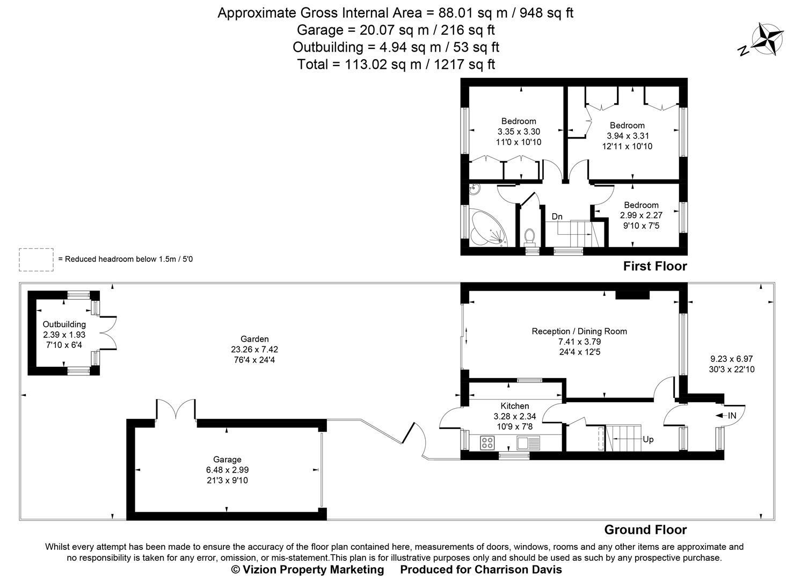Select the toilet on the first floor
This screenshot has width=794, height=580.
(x=530, y=236)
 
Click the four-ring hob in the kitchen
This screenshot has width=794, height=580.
(x=487, y=443)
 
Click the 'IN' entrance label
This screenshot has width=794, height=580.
(x=732, y=415)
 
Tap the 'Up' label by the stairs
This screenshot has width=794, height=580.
(x=648, y=439)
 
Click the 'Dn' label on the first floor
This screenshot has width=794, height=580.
(x=557, y=216)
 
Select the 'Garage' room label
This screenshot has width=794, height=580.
(x=227, y=460)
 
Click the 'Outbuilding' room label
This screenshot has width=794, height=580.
(x=64, y=324)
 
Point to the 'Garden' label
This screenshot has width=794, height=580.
(x=254, y=339)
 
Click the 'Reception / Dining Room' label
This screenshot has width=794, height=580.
(x=579, y=331)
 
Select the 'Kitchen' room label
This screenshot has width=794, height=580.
(x=515, y=406)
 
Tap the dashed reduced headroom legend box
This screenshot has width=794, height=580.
(x=36, y=259)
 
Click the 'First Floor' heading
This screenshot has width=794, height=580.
(x=654, y=266)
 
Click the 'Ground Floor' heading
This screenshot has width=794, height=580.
(x=645, y=530)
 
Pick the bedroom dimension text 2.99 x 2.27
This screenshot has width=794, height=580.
(x=641, y=215)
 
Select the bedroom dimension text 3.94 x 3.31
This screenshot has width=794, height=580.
(x=627, y=136)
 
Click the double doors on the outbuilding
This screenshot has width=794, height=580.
(x=109, y=333)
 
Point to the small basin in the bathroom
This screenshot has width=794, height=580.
(x=475, y=189)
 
